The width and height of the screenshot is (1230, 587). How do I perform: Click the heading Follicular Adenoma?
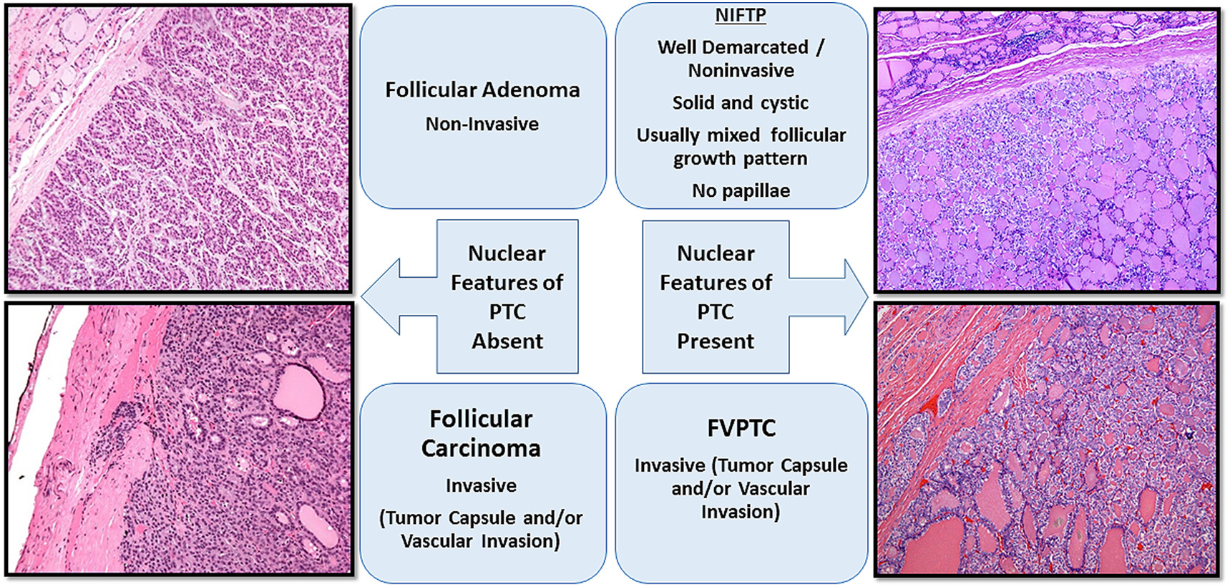point(482,89)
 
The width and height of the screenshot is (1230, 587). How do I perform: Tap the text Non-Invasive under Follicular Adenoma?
point(482,124)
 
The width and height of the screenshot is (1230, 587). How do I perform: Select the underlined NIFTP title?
point(741,16)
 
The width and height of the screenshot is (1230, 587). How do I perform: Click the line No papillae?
point(741,190)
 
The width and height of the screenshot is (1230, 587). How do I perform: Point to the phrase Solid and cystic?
point(741,102)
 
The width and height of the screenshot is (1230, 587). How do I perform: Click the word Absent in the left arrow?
point(507,341)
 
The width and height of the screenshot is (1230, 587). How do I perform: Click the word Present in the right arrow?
point(716,341)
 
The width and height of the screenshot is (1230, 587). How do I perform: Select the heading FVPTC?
point(741,428)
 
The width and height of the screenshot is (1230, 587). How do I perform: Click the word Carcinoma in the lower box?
point(481,448)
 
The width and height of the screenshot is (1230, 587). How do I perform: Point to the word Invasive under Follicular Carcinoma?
point(481,485)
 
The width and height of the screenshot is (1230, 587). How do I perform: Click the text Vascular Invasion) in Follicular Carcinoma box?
point(481,540)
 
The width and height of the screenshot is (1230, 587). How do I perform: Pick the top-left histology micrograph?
point(179,148)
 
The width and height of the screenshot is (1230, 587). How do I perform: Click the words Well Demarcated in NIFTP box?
point(733,47)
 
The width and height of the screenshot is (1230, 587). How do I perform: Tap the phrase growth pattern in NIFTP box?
point(741,158)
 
